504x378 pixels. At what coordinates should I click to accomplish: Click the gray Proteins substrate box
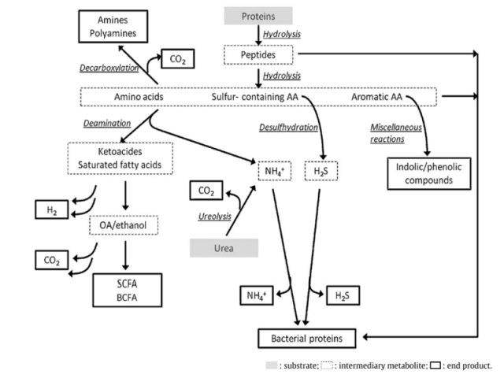(x=258, y=16)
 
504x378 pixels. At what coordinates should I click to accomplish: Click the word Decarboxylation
(x=109, y=69)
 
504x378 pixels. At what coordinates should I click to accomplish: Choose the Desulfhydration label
(x=287, y=127)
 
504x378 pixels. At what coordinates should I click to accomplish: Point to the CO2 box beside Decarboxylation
(x=177, y=58)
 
